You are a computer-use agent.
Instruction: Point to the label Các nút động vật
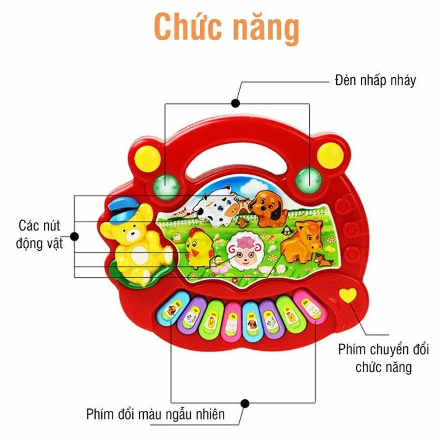39,235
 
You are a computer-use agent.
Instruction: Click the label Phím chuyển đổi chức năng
383,358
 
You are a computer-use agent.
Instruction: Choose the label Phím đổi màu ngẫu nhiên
155,414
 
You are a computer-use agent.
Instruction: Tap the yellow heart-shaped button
348,295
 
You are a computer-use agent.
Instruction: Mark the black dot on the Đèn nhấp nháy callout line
235,103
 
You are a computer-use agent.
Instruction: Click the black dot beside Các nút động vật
75,236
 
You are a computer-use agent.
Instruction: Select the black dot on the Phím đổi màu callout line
245,403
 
